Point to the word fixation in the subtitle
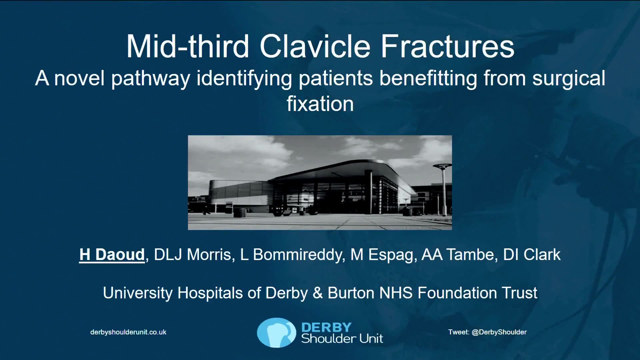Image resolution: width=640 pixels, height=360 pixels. tap(320, 104)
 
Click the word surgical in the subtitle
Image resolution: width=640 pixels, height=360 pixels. tap(569, 79)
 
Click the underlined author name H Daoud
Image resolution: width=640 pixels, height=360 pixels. tap(112, 255)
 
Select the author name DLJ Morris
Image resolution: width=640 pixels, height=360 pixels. tap(192, 255)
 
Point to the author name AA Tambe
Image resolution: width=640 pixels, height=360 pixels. tap(458, 255)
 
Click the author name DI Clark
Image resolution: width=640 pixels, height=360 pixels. tap(532, 255)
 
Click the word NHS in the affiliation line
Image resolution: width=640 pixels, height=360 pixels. tap(396, 293)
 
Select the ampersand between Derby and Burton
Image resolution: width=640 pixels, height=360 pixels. tap(318, 293)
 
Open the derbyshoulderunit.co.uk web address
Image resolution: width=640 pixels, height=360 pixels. tap(128, 332)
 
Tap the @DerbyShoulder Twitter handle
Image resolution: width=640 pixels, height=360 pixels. tap(499, 332)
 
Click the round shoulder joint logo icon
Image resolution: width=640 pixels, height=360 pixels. tap(276, 333)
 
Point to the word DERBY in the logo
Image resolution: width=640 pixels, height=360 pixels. tap(326, 327)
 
